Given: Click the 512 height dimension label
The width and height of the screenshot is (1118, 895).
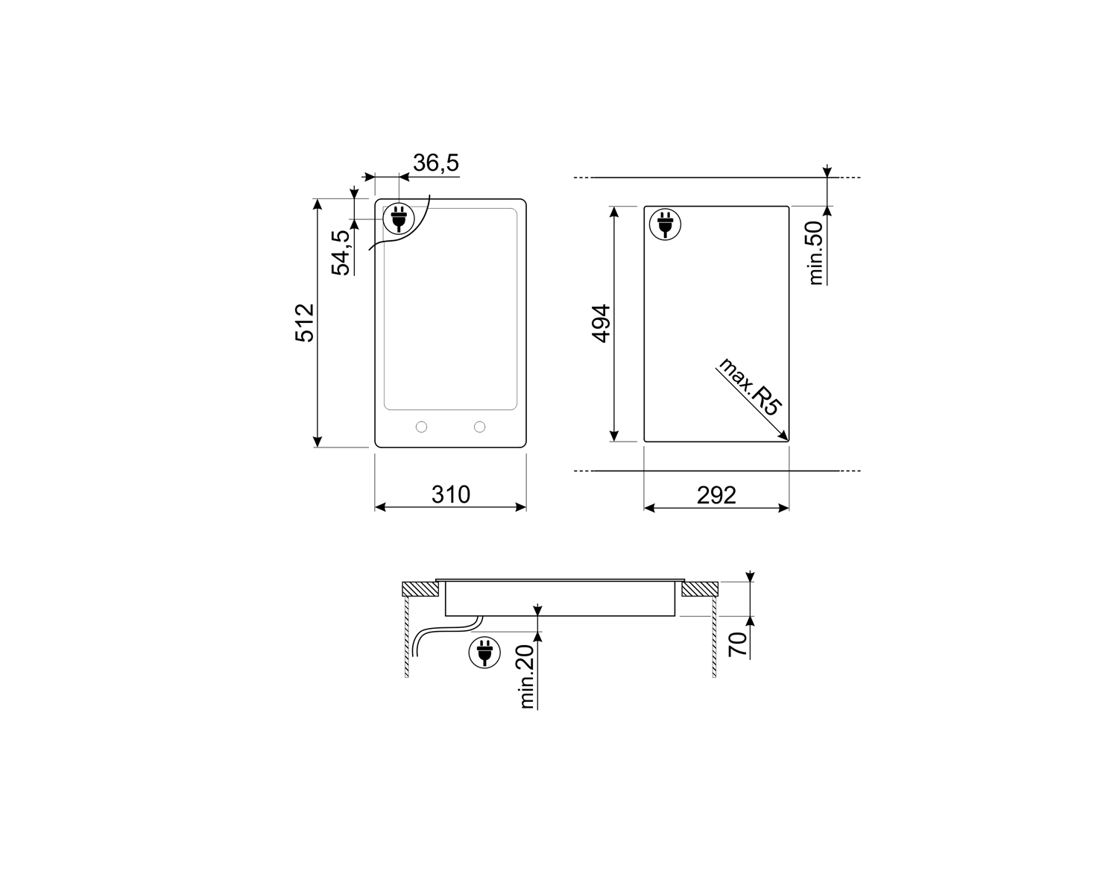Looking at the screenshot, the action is click(305, 323).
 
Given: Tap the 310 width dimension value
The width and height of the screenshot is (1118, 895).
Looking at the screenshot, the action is click(450, 494).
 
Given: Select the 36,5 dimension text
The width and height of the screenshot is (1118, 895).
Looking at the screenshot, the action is click(436, 163).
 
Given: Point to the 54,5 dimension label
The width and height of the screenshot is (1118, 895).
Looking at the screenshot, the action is click(341, 252).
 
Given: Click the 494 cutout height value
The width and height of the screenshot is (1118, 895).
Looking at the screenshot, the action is click(601, 324).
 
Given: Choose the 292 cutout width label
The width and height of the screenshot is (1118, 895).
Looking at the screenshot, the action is click(716, 495).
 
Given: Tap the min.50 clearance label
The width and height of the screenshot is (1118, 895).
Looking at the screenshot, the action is click(816, 253).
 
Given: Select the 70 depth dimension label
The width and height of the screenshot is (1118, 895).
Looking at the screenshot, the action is click(738, 645).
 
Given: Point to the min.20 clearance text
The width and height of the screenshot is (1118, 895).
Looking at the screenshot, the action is click(526, 676).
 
